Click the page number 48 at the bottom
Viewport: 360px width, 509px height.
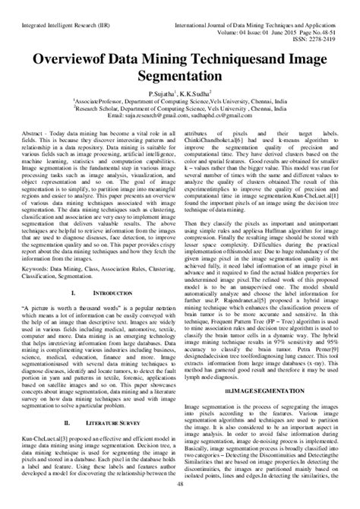(180, 503)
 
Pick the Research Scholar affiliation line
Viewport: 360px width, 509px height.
(179, 108)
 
